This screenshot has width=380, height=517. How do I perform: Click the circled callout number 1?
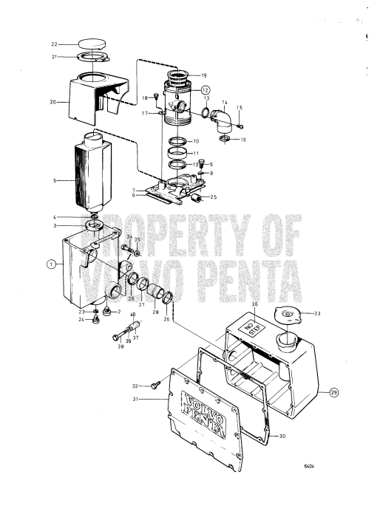[x=51, y=264]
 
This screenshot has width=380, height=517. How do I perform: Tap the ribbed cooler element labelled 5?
[x=87, y=179]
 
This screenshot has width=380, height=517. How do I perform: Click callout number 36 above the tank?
[x=254, y=304]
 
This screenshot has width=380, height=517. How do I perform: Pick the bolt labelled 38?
[x=122, y=336]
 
